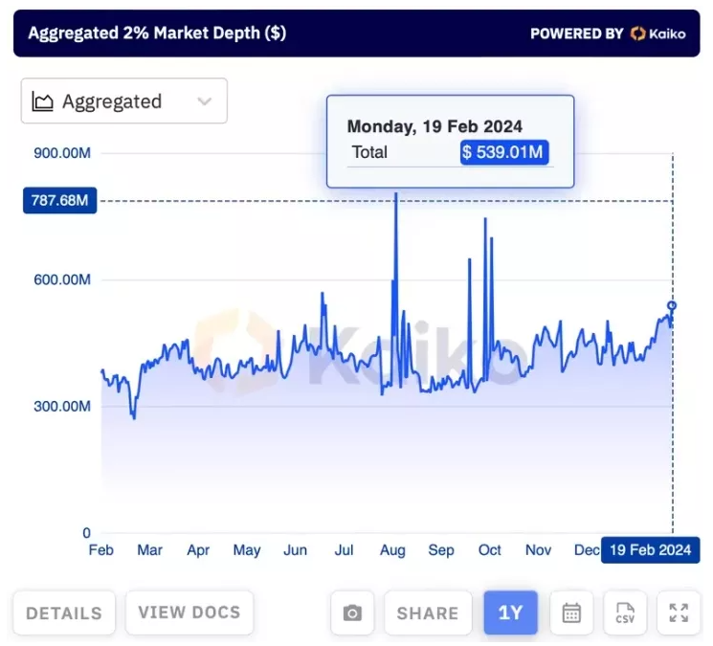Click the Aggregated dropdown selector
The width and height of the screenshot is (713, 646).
click(124, 101)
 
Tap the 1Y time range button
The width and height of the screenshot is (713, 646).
click(510, 613)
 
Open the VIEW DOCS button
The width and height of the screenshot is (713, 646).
click(189, 613)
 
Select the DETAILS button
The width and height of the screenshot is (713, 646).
click(64, 613)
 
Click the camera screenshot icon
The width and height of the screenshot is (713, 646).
click(353, 613)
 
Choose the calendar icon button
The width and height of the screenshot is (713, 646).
click(571, 613)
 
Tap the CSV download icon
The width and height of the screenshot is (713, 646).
click(625, 613)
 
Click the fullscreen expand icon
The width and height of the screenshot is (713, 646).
click(679, 613)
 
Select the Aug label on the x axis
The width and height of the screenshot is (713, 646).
click(392, 550)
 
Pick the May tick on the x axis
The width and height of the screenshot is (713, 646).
click(247, 550)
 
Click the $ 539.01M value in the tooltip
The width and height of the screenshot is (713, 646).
click(503, 152)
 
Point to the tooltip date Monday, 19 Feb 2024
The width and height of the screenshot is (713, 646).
click(434, 126)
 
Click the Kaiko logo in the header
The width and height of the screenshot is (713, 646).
click(658, 33)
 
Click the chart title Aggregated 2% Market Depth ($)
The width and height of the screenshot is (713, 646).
click(157, 33)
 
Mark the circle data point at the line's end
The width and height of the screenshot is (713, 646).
click(672, 305)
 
